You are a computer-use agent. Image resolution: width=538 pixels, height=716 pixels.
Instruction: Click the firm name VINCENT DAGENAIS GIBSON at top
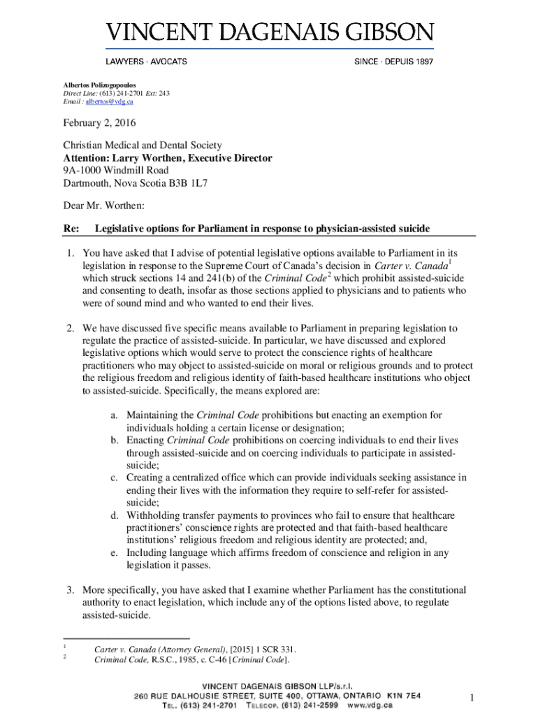(x=270, y=33)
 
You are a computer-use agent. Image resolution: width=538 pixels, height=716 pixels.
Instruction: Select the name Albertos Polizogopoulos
(x=102, y=85)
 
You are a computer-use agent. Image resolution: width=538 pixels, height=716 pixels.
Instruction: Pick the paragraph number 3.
(x=71, y=589)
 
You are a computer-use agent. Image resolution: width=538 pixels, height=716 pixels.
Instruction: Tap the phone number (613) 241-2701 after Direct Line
(x=123, y=93)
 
